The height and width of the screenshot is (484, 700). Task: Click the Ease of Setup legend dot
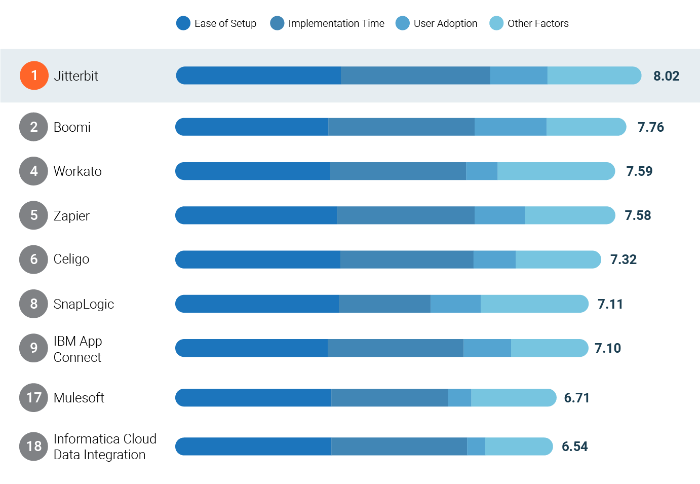183,23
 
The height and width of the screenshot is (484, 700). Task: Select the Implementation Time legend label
336,23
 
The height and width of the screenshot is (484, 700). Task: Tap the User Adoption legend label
445,23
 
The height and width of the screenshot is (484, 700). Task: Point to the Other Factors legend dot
496,23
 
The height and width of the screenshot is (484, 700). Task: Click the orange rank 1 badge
34,76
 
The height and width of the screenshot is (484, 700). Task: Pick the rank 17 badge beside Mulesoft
34,397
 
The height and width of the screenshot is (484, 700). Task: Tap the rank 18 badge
34,446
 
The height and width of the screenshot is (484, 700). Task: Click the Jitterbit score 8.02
666,76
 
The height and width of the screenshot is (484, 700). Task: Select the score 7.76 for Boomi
650,127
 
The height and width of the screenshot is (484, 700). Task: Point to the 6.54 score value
575,446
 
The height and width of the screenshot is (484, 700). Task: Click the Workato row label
77,171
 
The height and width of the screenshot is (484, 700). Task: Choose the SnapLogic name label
84,304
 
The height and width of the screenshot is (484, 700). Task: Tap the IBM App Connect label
77,349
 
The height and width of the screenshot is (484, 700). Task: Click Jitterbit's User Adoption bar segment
519,76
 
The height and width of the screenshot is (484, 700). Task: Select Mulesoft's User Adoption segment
459,398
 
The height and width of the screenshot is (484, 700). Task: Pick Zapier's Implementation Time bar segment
406,215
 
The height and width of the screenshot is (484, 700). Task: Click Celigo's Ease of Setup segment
258,259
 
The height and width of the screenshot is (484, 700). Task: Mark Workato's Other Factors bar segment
556,171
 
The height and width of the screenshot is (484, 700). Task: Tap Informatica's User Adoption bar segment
476,446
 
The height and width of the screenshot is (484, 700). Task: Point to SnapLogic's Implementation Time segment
384,304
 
